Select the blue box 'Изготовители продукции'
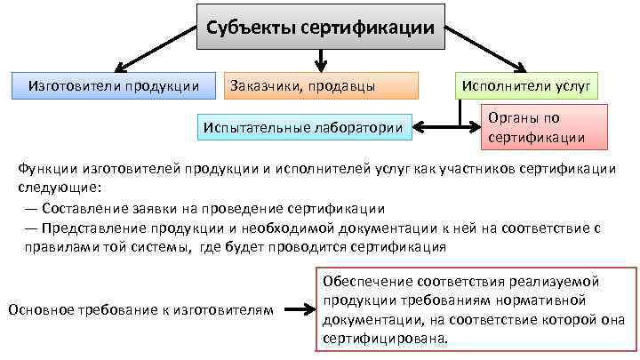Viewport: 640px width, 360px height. point(115,85)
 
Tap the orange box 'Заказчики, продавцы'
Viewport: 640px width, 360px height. point(321,85)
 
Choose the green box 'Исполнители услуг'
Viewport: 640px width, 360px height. point(527,85)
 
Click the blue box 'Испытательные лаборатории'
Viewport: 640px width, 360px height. point(303,128)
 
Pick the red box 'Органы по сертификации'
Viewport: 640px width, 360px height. point(545,127)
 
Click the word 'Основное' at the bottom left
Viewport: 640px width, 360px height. point(38,309)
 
